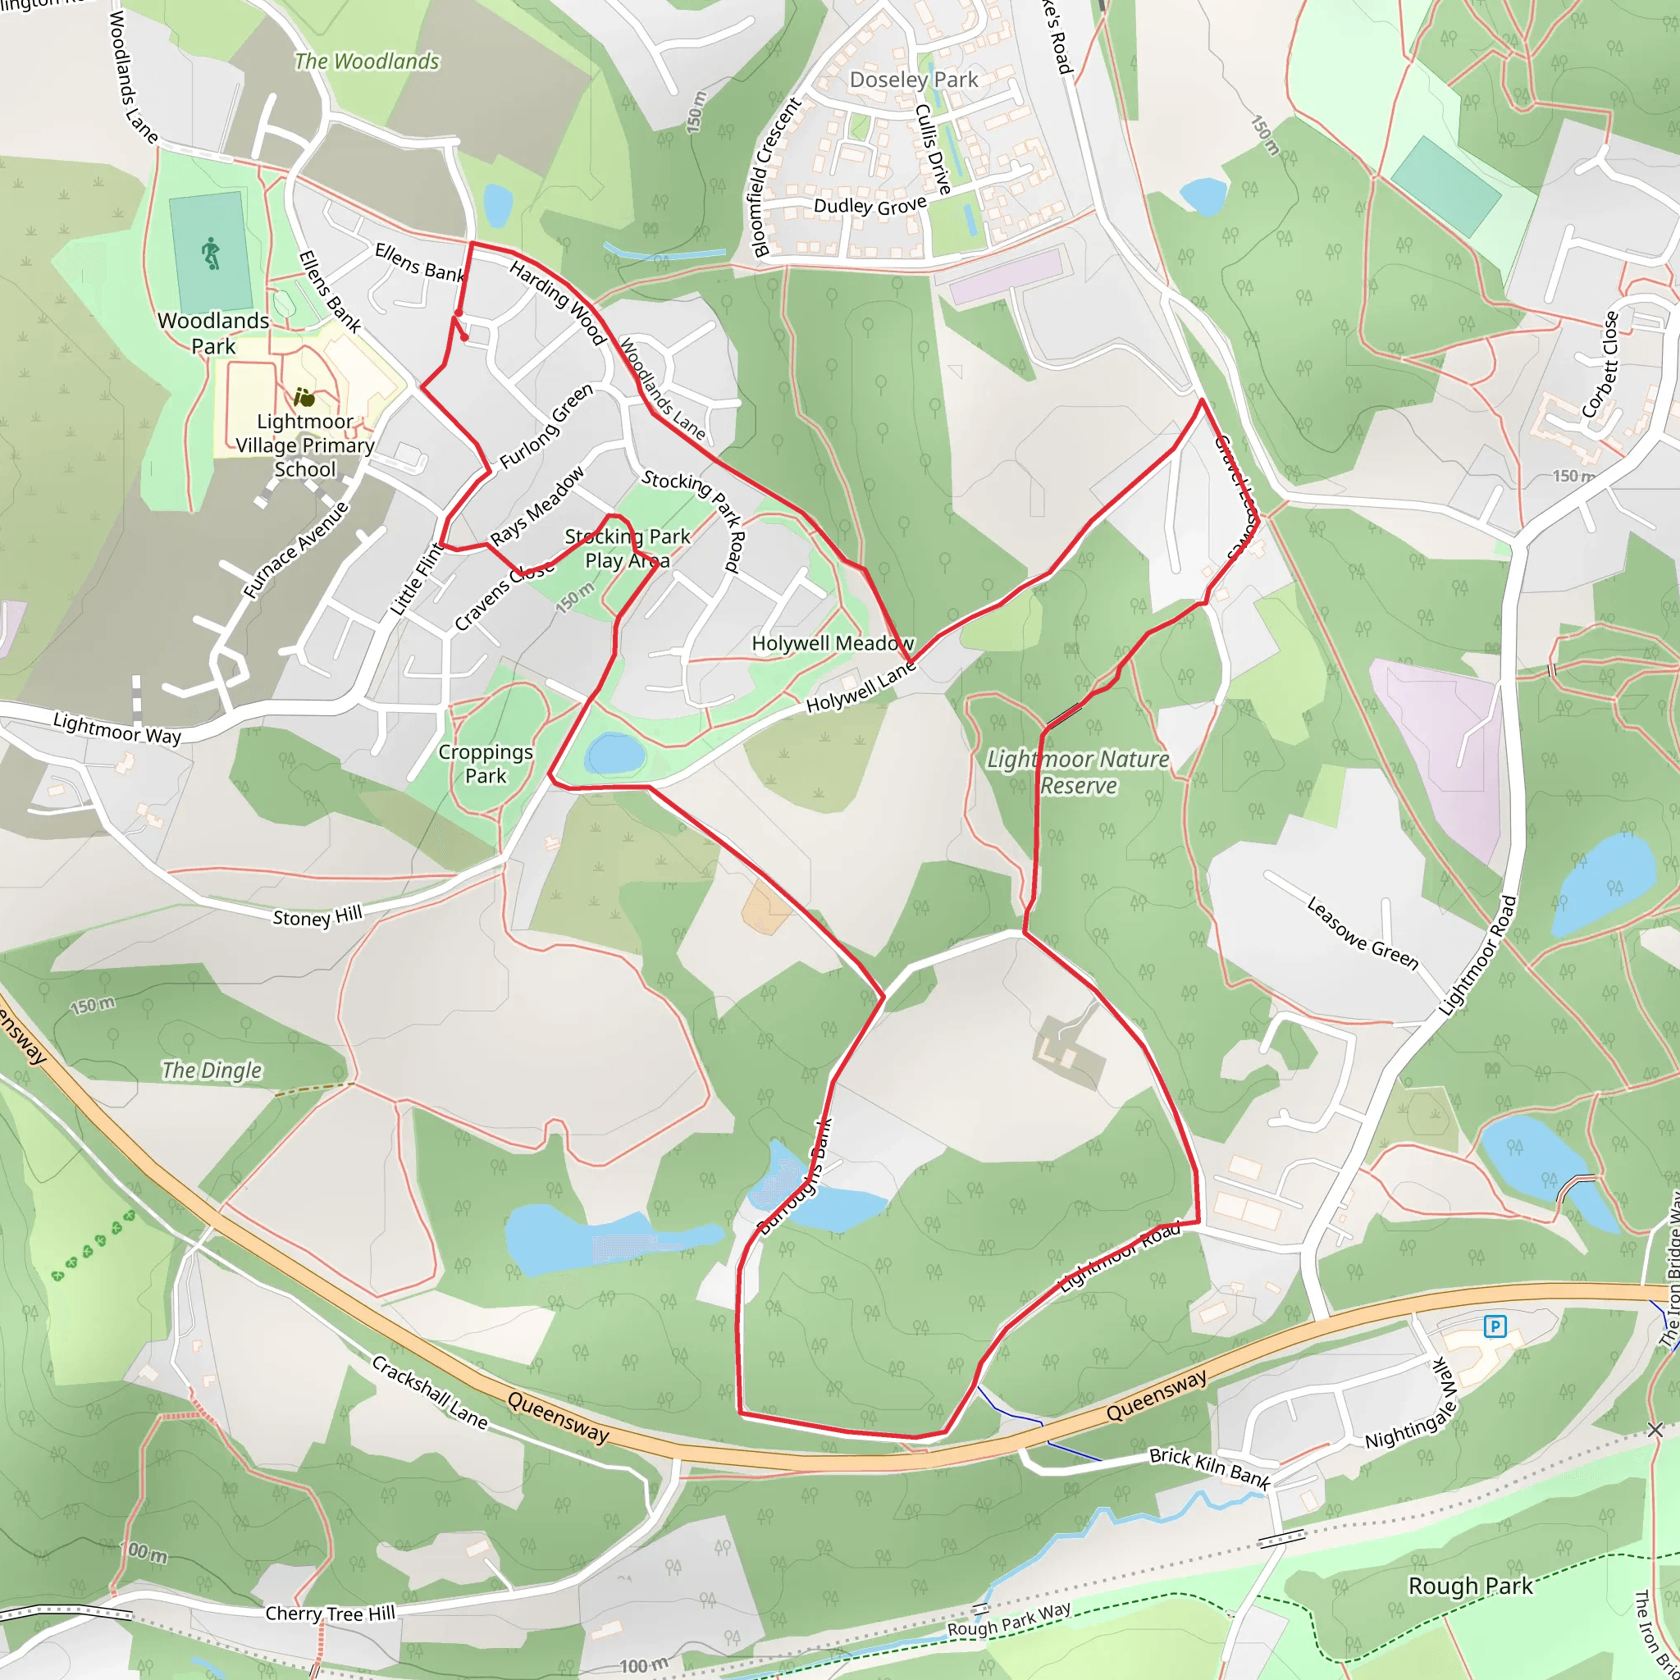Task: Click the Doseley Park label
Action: tap(913, 80)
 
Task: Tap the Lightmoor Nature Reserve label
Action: tap(1078, 772)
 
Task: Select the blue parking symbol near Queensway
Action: tap(1495, 1326)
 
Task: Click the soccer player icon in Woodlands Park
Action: tap(211, 254)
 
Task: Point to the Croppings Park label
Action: tap(486, 764)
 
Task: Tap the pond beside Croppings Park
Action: tap(614, 753)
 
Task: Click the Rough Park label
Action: tap(1471, 1586)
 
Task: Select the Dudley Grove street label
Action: tap(870, 206)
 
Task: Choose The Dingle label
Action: tap(212, 1071)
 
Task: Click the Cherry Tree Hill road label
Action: tap(330, 1614)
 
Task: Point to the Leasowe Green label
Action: tap(1362, 933)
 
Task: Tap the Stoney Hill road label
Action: tap(317, 916)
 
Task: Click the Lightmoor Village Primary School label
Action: tap(305, 445)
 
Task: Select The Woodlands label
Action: tap(366, 62)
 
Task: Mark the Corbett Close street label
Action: tap(1600, 364)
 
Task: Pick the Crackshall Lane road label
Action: tap(430, 1392)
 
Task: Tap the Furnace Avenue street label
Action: tap(294, 550)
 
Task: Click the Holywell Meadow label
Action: tap(832, 643)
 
